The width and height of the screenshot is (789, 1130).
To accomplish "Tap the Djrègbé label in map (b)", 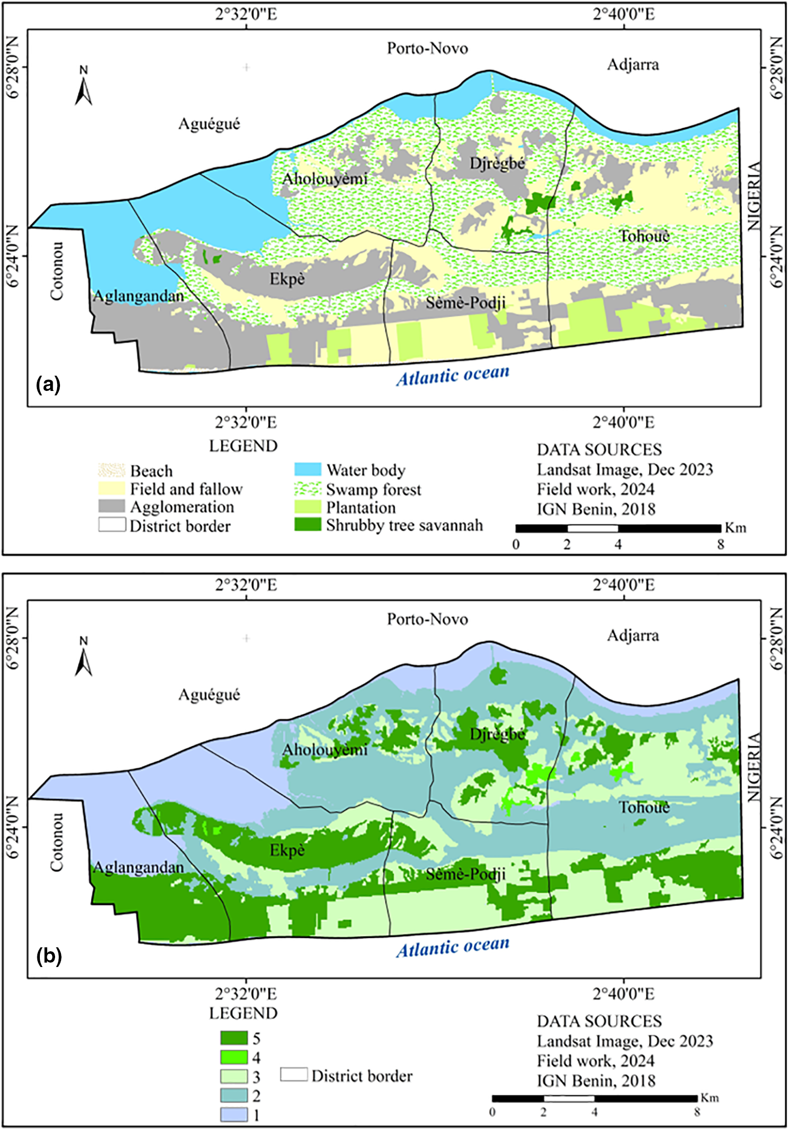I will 497,734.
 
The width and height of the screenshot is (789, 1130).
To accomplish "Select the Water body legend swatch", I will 307,469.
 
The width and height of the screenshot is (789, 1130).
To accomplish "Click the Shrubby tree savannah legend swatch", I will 307,524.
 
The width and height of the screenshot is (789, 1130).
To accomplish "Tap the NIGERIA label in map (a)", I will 754,196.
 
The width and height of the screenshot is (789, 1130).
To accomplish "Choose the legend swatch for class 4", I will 234,1057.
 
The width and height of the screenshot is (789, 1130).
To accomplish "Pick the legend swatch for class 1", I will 234,1115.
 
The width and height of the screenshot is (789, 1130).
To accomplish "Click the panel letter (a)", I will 48,385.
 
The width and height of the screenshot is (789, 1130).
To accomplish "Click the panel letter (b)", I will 49,956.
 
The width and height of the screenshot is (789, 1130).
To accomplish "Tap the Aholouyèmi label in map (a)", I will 325,178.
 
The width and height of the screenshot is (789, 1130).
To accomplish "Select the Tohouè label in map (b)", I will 644,807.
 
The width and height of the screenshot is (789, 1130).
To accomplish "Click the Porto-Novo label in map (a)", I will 427,48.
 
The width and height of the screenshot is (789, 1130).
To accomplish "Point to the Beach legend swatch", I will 112,470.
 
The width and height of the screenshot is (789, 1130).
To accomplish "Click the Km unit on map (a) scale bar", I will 735,528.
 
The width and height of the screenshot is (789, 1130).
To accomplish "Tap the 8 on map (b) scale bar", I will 697,1112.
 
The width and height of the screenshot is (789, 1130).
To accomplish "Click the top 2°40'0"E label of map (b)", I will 624,585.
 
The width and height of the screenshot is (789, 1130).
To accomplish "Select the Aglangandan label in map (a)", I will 138,296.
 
